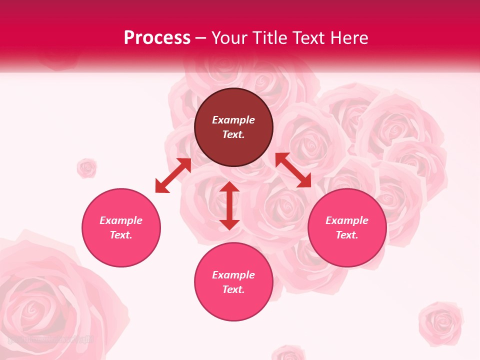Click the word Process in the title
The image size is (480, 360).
point(157,38)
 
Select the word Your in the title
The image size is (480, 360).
point(230,38)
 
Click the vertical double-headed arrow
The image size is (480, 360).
point(229,205)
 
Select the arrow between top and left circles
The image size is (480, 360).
point(173,175)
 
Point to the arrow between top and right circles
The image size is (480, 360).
point(293,170)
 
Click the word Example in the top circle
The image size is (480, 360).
point(233,120)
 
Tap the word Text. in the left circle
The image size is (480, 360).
point(121,235)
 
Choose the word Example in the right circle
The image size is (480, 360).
point(347,220)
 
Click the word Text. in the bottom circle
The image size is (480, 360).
point(233,289)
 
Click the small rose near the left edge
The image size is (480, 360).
point(87,168)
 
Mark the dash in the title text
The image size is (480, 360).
point(201,38)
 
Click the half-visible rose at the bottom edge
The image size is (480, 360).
point(288,352)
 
